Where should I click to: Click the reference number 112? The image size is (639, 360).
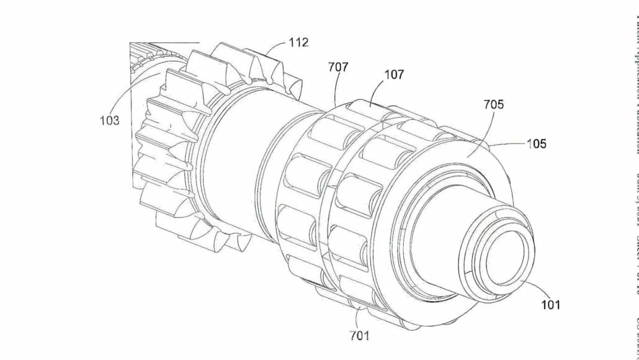298,43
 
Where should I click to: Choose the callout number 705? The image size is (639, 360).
494,105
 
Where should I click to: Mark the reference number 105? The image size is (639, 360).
537,143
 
